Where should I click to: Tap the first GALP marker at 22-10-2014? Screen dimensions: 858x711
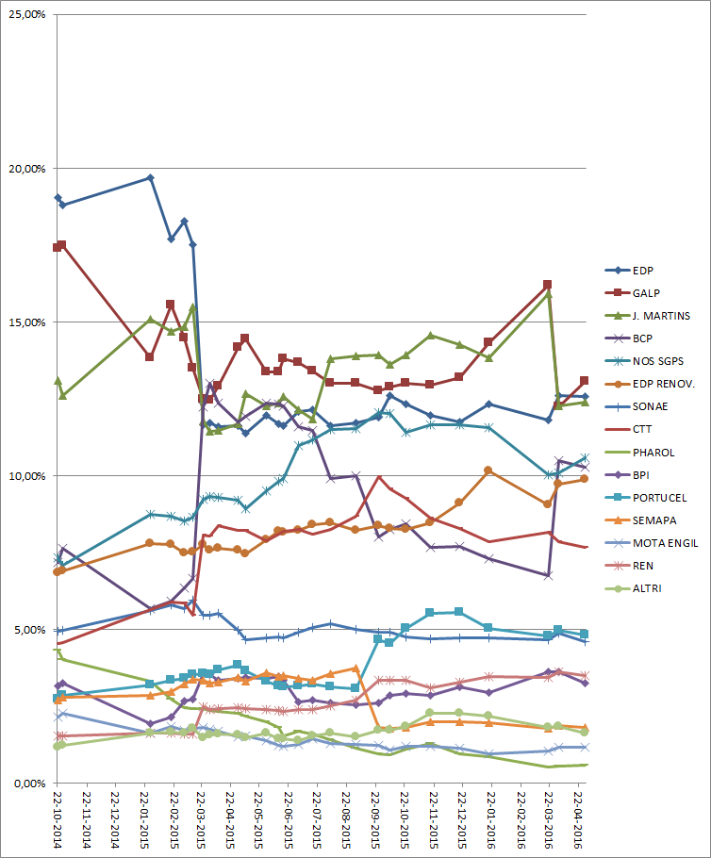click(58, 247)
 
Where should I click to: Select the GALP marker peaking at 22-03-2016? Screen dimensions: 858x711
click(548, 285)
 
